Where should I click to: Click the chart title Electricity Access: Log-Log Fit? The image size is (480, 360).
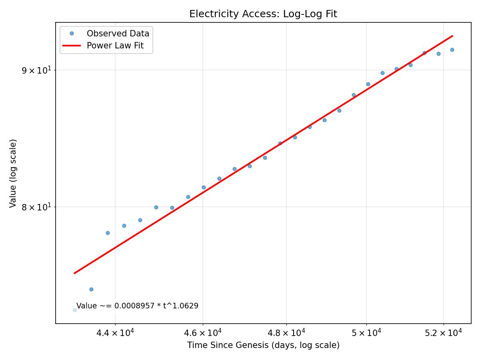[x=263, y=14]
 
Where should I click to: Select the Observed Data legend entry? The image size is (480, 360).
[x=118, y=34]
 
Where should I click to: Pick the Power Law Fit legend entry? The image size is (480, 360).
[x=115, y=46]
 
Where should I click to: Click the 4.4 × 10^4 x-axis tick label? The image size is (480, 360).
[x=116, y=332]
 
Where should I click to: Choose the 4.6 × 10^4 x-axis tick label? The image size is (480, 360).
[x=203, y=332]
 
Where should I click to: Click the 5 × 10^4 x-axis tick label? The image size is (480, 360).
[x=366, y=332]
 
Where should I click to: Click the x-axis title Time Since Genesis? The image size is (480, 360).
[x=263, y=345]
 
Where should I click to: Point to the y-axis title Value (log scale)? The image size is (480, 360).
[x=13, y=173]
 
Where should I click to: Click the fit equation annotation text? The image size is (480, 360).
[x=137, y=306]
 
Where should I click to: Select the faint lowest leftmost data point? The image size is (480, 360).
[x=75, y=310]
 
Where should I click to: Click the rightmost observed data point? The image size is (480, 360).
[x=452, y=50]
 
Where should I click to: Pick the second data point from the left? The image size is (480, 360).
[x=91, y=289]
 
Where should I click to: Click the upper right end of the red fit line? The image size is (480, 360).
[x=452, y=36]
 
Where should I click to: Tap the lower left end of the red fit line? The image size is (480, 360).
[x=74, y=273]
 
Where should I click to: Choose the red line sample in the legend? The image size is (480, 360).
[x=72, y=46]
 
